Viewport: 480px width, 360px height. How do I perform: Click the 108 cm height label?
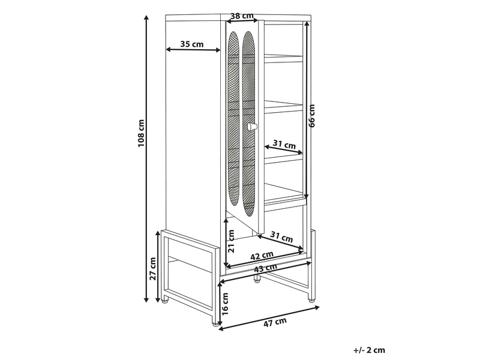(141, 133)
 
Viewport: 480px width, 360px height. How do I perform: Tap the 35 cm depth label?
(192, 44)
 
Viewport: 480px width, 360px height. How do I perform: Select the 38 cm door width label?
(242, 16)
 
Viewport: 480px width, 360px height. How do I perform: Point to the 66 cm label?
(311, 116)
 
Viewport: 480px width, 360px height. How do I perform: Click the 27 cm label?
(153, 268)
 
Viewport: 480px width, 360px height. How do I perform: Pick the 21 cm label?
(232, 241)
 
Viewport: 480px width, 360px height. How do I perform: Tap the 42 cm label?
(262, 256)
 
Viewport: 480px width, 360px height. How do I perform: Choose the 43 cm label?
(265, 268)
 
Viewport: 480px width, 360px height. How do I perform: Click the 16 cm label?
(225, 304)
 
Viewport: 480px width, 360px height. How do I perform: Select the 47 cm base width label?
(275, 322)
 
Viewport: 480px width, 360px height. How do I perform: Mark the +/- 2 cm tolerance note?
(369, 350)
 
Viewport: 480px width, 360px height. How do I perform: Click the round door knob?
(253, 127)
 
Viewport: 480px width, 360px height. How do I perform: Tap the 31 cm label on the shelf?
(284, 144)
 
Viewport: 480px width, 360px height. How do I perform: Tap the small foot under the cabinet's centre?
(257, 279)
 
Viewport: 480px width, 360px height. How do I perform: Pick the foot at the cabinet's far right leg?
(311, 299)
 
